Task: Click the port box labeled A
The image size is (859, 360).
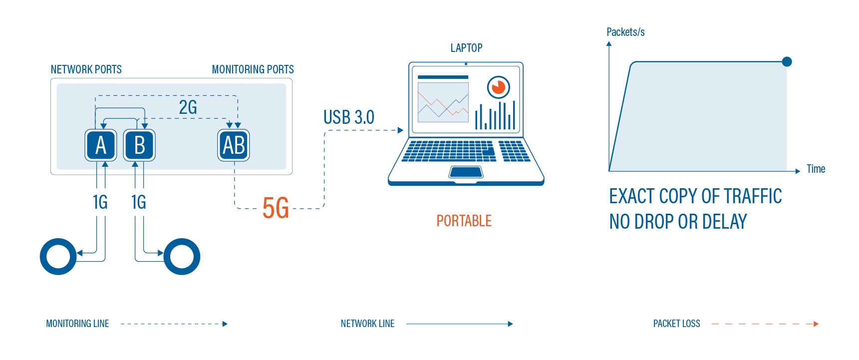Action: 101,145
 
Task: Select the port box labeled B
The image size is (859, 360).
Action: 139,145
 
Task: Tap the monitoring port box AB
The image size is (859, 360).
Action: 234,145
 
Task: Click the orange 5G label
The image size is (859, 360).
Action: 276,208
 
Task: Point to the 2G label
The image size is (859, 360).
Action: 188,107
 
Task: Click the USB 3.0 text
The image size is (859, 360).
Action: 348,117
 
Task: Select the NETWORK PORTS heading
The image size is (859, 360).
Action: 86,69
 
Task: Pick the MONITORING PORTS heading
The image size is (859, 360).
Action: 253,69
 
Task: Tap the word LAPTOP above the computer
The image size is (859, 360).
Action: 466,48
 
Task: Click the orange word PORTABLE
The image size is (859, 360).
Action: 464,221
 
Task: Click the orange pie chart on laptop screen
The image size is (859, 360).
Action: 498,87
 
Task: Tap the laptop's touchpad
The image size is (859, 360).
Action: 466,172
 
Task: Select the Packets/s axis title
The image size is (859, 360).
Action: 625,32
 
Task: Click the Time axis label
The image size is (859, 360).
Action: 816,169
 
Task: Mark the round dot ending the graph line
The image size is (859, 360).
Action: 787,62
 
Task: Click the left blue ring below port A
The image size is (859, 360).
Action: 58,256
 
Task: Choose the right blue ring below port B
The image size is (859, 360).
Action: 182,256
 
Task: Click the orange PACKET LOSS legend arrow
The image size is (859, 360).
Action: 765,324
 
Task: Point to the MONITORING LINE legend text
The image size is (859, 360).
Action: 77,324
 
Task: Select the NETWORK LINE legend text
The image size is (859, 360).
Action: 367,324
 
